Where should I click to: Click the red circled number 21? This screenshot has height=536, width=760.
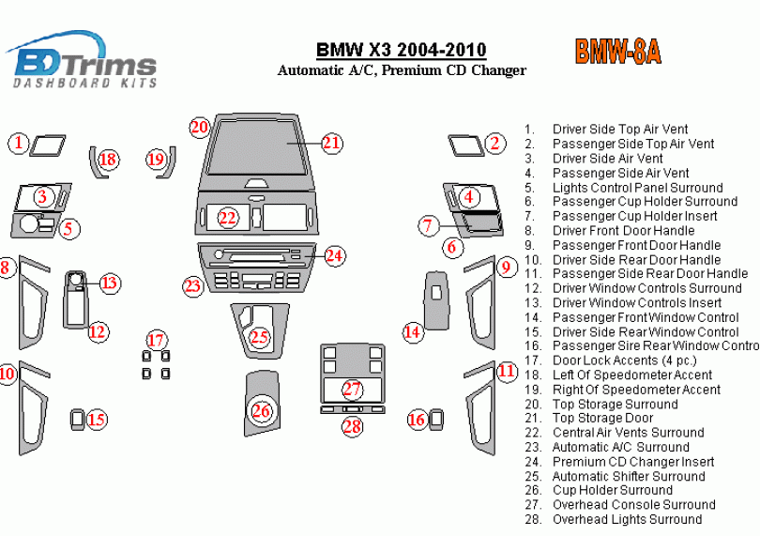tap(331, 143)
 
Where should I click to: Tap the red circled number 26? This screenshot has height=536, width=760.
tap(262, 410)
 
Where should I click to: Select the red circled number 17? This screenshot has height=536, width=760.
tap(156, 339)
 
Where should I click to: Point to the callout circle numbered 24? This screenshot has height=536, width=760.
tap(334, 255)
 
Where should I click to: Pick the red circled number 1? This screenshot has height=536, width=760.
tap(19, 143)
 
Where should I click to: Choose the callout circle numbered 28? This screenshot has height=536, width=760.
tap(351, 427)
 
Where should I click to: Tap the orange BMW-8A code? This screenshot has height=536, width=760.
tap(617, 52)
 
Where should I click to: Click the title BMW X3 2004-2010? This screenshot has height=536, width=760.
tap(401, 50)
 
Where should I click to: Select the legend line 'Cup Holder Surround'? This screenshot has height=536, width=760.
tap(612, 490)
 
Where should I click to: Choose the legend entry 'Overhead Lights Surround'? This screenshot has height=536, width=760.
tap(627, 519)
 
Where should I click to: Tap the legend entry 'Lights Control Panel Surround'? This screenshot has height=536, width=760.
tap(637, 188)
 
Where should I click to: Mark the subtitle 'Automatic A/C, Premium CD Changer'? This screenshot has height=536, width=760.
tap(401, 70)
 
